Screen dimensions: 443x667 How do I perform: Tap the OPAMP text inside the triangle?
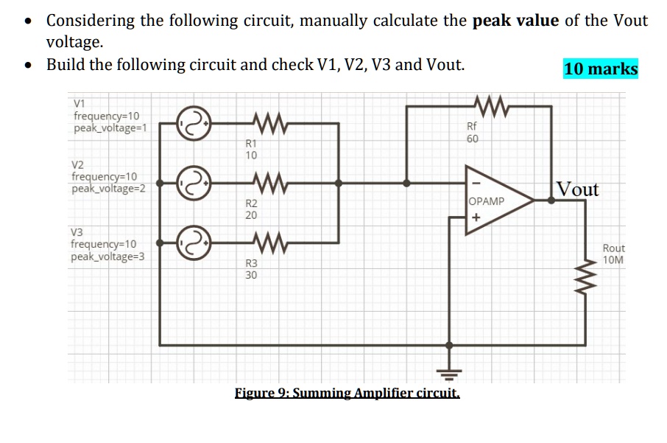pyautogui.click(x=487, y=201)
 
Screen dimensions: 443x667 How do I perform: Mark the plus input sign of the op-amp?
pyautogui.click(x=476, y=218)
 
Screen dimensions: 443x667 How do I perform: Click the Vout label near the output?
pyautogui.click(x=578, y=189)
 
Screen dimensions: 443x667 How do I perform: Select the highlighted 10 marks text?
pyautogui.click(x=601, y=69)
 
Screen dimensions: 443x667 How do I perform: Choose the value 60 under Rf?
pyautogui.click(x=473, y=139)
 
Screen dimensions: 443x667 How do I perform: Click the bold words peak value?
pyautogui.click(x=515, y=20)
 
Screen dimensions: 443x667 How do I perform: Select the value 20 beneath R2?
pyautogui.click(x=251, y=215)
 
